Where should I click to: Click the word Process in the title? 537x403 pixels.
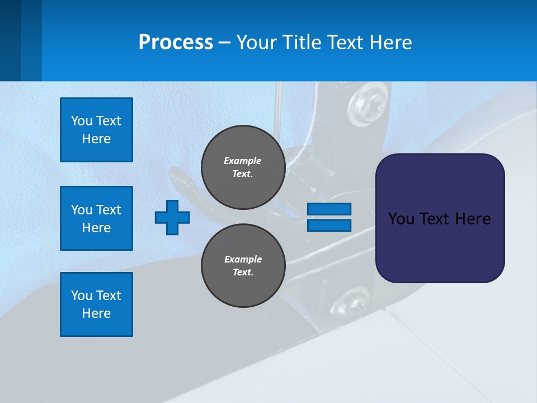tap(176, 43)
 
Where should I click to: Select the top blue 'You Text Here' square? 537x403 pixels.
tap(96, 130)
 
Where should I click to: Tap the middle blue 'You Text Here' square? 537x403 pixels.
tap(96, 218)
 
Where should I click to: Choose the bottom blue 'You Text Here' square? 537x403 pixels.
tap(96, 304)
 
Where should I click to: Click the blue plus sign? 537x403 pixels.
tap(172, 217)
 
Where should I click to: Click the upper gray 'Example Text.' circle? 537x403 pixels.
tap(243, 167)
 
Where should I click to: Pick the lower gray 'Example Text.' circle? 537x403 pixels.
tap(243, 266)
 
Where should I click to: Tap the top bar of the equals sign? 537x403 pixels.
tap(329, 209)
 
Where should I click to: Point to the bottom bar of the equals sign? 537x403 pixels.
tap(329, 226)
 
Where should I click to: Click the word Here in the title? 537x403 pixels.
tap(392, 43)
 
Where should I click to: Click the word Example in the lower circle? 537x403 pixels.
tap(243, 259)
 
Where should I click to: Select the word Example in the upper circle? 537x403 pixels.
tap(242, 161)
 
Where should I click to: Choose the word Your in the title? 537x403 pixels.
tap(255, 43)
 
